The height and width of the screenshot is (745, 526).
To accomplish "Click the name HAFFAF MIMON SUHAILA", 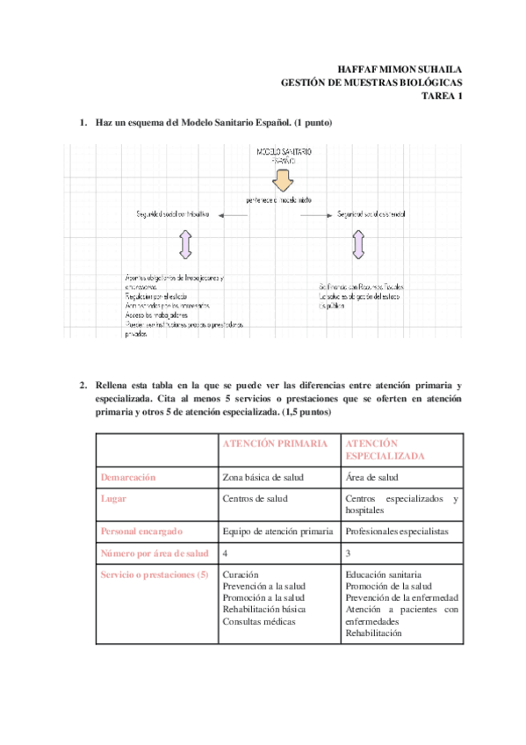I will pos(400,69).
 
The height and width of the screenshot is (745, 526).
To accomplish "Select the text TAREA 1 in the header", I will pos(442,97).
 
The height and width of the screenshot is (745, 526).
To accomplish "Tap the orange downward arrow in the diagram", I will pos(281,180).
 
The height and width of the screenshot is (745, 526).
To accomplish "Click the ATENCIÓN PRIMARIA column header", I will pos(277,444).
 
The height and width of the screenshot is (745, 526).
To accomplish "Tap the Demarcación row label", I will pos(128,478).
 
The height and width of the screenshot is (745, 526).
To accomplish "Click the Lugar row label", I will pos(113,499).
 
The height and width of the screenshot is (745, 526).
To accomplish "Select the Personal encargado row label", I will pos(141,531).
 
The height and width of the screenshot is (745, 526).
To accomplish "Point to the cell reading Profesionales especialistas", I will pos(397,531).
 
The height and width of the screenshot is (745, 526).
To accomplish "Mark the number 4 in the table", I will pos(227,553).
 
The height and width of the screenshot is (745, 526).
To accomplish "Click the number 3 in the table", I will pos(349,553).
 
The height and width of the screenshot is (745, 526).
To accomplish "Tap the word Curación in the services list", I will pos(241,575).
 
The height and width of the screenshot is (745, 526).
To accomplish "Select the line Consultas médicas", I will pos(259,621).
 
